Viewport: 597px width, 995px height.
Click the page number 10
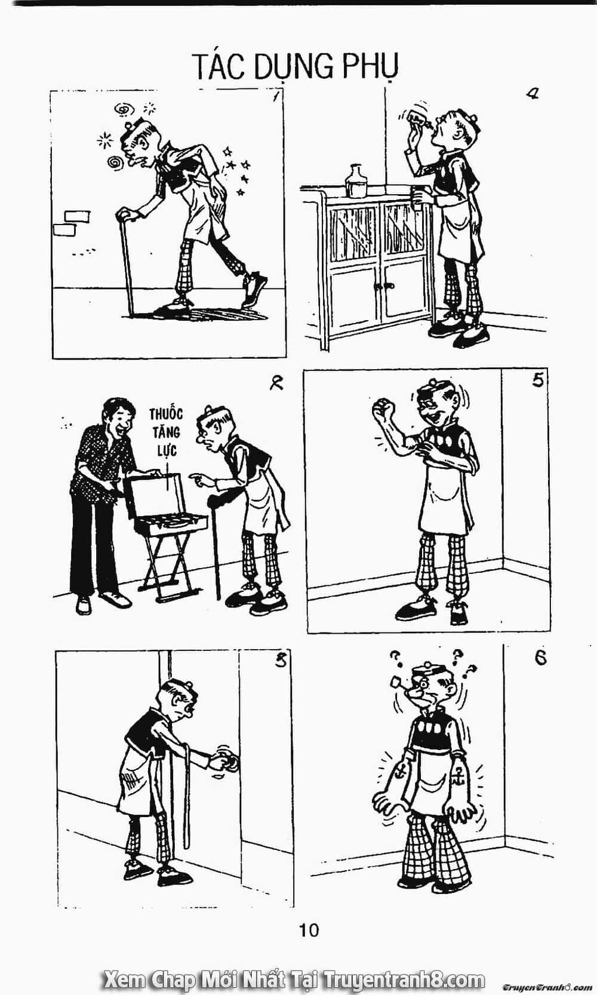tap(309, 930)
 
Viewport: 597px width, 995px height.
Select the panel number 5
tap(537, 380)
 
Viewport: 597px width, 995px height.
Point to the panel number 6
tap(540, 658)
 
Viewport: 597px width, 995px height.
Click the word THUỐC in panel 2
tap(166, 414)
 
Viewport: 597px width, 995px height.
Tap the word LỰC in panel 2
tap(167, 450)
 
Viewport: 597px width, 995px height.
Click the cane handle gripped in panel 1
tap(126, 215)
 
